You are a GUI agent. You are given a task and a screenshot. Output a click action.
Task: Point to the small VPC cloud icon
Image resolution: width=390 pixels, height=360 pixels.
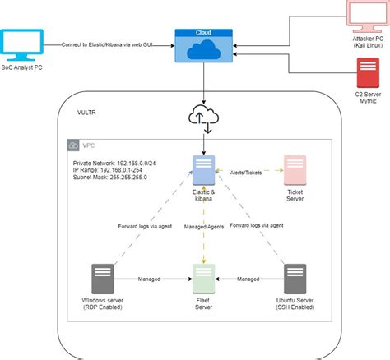[73, 145]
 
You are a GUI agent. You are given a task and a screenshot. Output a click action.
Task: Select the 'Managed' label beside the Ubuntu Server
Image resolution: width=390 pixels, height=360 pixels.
[248, 279]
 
